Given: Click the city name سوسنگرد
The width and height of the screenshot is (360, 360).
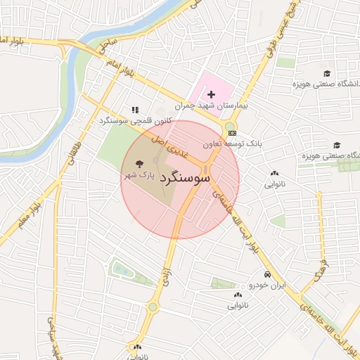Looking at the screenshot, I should (186, 178).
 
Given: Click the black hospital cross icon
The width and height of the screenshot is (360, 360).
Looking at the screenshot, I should (211, 94).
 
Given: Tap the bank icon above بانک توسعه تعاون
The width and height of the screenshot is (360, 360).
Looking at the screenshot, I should (233, 133).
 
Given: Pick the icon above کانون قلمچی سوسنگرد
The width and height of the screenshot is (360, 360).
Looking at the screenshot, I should (135, 110).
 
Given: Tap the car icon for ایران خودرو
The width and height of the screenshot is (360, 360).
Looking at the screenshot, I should (267, 274).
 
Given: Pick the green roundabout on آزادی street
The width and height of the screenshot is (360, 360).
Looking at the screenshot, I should (153, 307).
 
